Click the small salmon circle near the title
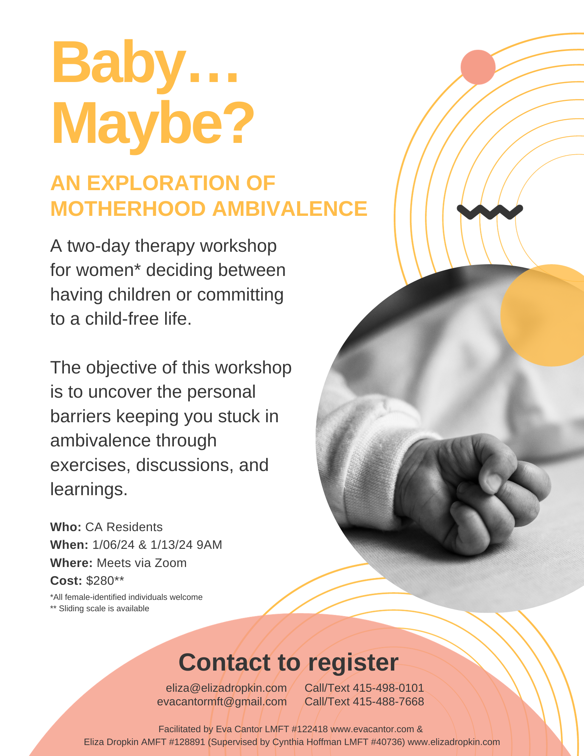(478, 67)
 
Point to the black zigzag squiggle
(490, 211)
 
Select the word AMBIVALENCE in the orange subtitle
(290, 209)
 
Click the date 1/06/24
(113, 545)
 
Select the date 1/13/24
(172, 545)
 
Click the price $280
(100, 581)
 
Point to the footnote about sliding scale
(100, 609)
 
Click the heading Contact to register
(288, 663)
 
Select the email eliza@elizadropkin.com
(226, 688)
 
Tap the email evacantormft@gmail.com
(222, 702)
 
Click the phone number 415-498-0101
(388, 688)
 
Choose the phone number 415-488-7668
(388, 702)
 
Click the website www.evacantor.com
(372, 729)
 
